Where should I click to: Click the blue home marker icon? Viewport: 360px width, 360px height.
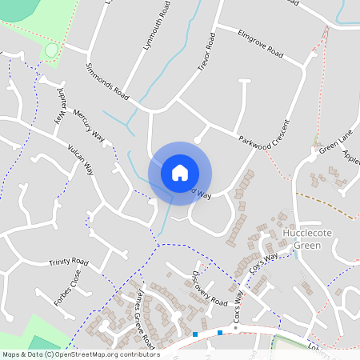tap(180, 172)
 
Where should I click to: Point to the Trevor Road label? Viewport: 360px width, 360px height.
tap(207, 54)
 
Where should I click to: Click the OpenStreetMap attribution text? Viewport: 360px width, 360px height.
tap(80, 354)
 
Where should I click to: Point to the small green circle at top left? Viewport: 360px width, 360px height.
tap(51, 50)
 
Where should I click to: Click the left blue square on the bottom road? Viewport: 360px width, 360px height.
tap(195, 334)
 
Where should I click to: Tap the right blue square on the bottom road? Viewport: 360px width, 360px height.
tap(219, 332)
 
